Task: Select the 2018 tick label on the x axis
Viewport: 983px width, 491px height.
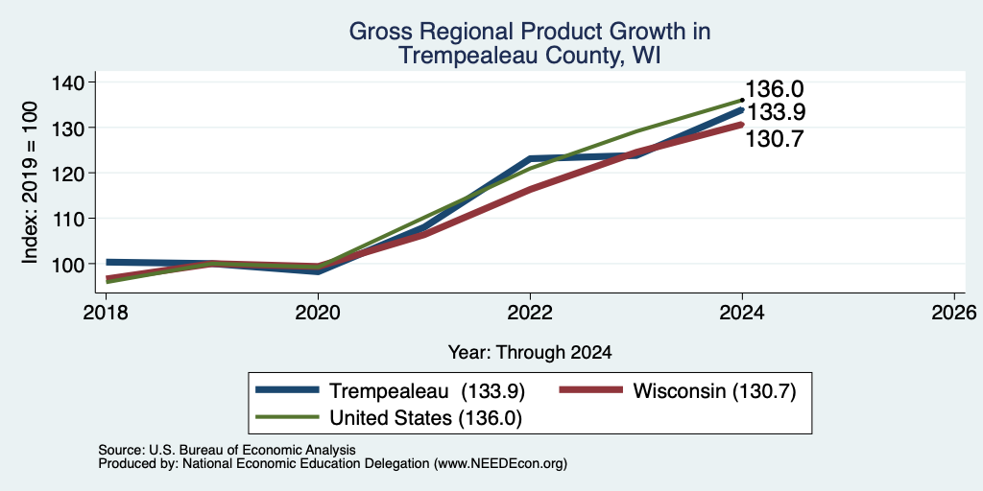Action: click(x=106, y=312)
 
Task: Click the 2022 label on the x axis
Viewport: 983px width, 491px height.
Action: click(x=530, y=312)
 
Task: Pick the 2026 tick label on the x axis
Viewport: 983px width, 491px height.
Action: click(x=954, y=312)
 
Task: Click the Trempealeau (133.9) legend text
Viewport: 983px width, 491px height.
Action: click(x=427, y=391)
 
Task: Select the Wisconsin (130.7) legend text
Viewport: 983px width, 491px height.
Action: click(x=714, y=391)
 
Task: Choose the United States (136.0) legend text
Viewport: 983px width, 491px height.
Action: click(x=425, y=418)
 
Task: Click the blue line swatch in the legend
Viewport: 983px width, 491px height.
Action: click(x=288, y=390)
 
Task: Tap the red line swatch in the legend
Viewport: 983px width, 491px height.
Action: click(x=591, y=390)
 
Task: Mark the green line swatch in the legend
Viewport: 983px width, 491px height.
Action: click(x=288, y=417)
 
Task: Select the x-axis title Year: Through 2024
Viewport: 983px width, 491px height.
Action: click(x=530, y=353)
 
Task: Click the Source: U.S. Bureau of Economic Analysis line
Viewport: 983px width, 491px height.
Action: click(x=227, y=450)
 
